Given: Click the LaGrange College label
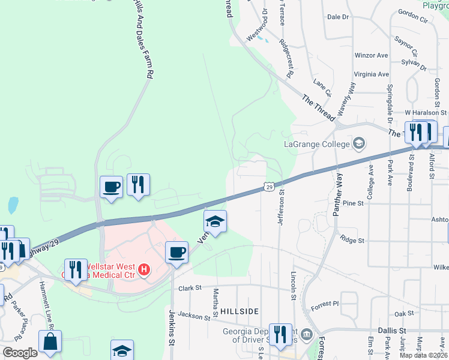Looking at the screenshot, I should tap(316, 144).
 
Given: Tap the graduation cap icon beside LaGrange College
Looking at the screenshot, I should tap(358, 143).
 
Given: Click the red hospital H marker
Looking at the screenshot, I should tap(144, 270).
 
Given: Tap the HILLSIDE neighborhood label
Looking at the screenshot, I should tap(240, 311).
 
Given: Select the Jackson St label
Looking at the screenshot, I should tap(192, 315).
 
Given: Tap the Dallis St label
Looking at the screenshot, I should tap(393, 331).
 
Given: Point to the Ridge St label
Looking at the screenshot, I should tap(352, 240).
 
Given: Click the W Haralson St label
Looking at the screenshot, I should tap(426, 112).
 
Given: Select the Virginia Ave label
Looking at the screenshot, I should tap(371, 74).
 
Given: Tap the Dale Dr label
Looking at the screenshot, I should tap(337, 17).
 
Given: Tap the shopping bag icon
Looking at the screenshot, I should tap(50, 342).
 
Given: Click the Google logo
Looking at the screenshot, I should tap(20, 353).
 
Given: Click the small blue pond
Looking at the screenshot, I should tap(13, 206).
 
